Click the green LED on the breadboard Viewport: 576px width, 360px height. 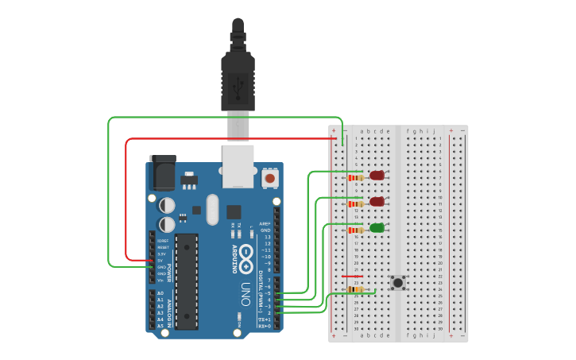coord(377,228)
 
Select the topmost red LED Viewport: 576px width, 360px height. coord(377,176)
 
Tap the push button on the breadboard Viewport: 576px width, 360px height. coord(397,283)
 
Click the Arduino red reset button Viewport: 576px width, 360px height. coord(270,179)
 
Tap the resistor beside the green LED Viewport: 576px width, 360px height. coord(355,230)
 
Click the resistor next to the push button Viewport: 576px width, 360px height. coord(355,291)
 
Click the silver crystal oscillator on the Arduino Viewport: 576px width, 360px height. coord(211,210)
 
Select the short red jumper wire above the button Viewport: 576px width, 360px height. coord(351,277)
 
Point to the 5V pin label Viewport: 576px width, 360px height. coord(160,260)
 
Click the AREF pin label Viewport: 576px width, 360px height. coord(266,224)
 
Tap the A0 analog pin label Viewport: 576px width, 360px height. coord(160,293)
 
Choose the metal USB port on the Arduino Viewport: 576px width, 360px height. coord(238,165)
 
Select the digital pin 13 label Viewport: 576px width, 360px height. coord(267,237)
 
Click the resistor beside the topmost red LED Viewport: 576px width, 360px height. coord(355,178)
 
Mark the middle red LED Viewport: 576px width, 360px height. coord(377,202)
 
